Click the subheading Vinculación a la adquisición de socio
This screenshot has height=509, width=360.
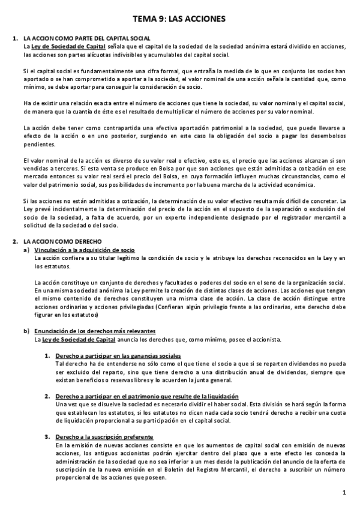pos(84,249)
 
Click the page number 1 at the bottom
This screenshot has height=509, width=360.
pos(344,493)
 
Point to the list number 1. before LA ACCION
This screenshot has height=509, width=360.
pos(15,38)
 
